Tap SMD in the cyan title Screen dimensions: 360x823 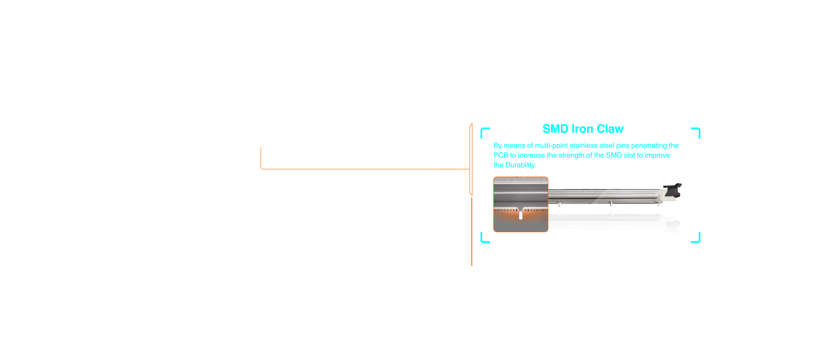pos(556,129)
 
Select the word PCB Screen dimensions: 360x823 pos(501,156)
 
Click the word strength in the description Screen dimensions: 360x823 pos(571,156)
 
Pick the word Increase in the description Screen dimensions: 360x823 pos(531,156)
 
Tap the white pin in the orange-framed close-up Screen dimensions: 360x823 pos(521,215)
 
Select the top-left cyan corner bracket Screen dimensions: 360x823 pos(484,132)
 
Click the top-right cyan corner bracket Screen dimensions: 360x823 pos(696,132)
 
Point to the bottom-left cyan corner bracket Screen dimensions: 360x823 pos(484,238)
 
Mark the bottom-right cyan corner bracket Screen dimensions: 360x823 pos(696,238)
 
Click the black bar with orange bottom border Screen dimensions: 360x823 pos(365,158)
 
